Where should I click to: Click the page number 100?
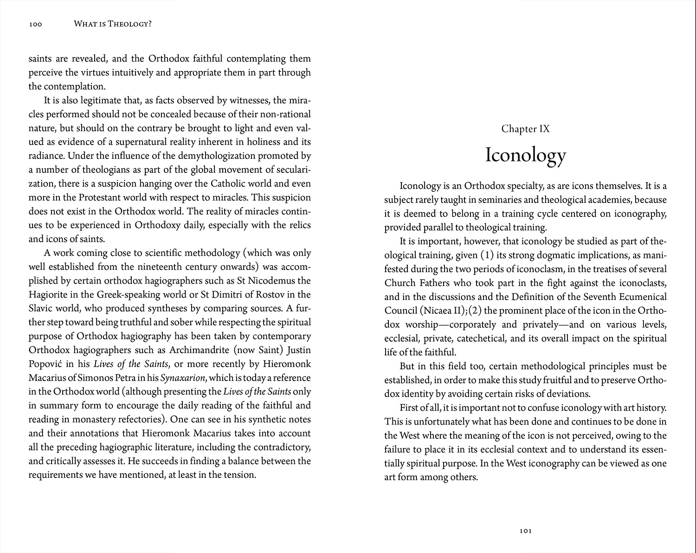[35, 24]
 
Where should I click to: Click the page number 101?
[525, 531]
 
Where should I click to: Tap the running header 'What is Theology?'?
[113, 24]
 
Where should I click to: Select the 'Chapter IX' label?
[525, 129]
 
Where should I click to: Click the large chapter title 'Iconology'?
[525, 155]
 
